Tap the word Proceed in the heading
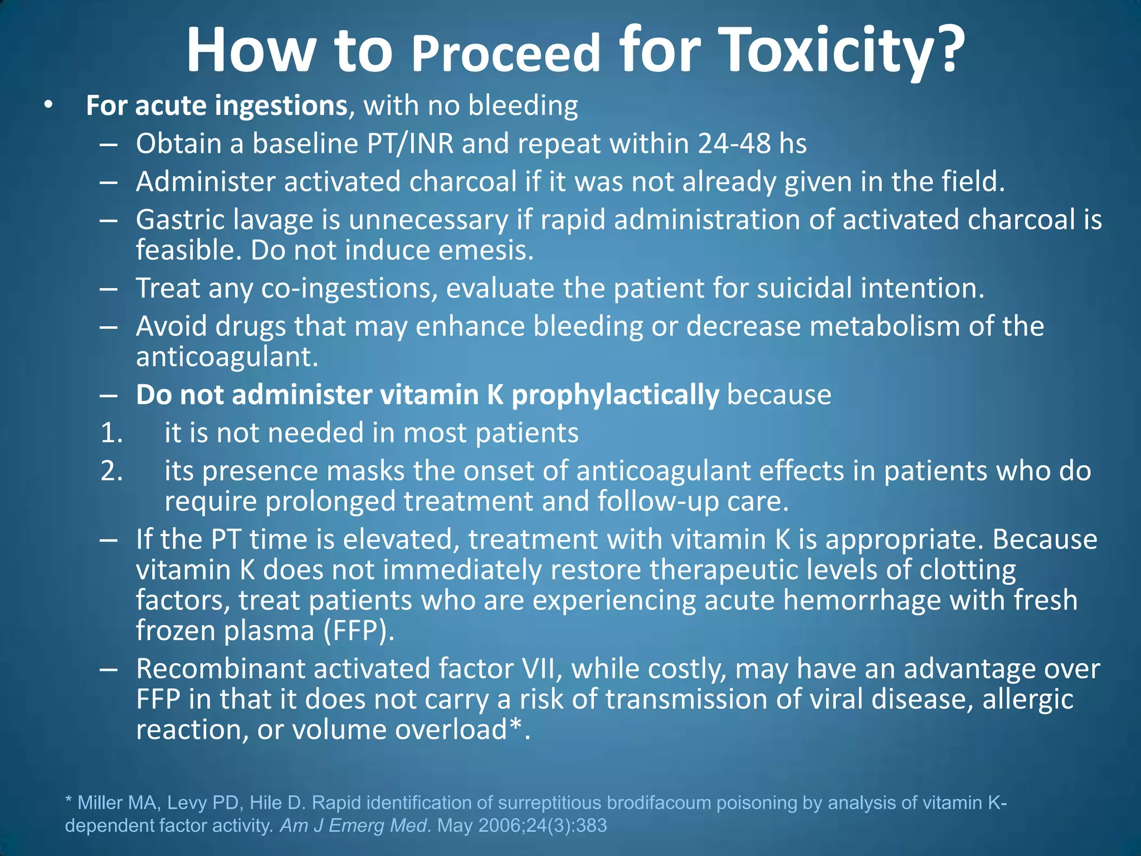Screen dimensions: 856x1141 506,53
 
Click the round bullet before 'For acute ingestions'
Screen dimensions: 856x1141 48,105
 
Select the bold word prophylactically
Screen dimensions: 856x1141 615,395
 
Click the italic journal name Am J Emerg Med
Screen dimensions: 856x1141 353,825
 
